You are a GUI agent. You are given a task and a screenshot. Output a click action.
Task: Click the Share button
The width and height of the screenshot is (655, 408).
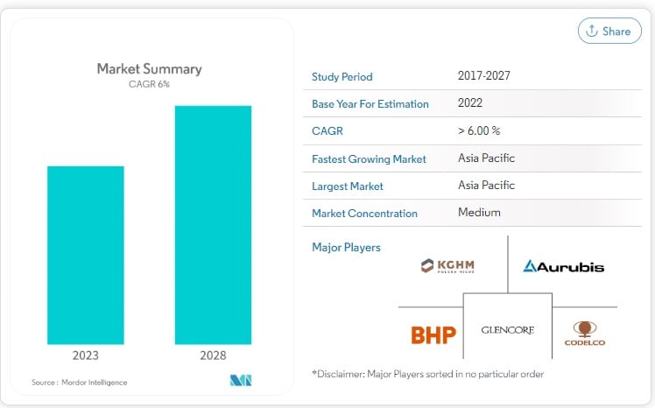click(x=609, y=31)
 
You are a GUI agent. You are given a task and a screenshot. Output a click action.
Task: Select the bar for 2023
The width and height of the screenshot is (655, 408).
click(x=85, y=255)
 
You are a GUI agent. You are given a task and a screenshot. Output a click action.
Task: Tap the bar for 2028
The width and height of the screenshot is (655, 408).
click(x=213, y=225)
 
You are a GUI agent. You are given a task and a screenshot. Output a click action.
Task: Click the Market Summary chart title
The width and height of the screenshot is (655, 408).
click(x=149, y=68)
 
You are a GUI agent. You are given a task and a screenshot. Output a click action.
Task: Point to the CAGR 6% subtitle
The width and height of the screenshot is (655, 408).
click(x=149, y=84)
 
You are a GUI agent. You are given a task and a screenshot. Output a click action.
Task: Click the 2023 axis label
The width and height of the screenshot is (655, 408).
click(x=85, y=355)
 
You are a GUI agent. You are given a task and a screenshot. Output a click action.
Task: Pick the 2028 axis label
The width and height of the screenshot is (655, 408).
click(x=213, y=355)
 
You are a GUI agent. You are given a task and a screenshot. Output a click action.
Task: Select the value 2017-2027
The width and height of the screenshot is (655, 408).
click(x=483, y=76)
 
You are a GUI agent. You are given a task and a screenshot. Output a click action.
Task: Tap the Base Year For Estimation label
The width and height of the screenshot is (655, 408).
click(x=370, y=103)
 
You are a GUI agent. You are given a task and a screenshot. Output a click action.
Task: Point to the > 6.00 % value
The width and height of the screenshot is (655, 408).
click(x=479, y=130)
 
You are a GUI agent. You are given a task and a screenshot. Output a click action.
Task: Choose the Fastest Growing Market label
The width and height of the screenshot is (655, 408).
click(x=369, y=158)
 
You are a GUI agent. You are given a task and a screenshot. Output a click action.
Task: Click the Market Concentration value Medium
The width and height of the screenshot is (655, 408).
click(x=479, y=213)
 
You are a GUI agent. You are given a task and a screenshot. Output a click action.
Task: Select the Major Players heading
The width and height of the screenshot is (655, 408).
click(x=346, y=247)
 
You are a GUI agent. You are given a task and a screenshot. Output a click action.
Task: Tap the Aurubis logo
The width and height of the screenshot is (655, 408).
click(x=563, y=266)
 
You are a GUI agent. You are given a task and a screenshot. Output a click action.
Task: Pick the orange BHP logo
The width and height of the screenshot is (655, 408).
click(x=433, y=334)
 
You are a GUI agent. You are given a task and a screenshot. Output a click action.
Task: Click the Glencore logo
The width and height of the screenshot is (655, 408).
click(x=507, y=330)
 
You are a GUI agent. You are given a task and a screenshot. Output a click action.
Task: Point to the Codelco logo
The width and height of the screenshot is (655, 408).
click(x=584, y=333)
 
